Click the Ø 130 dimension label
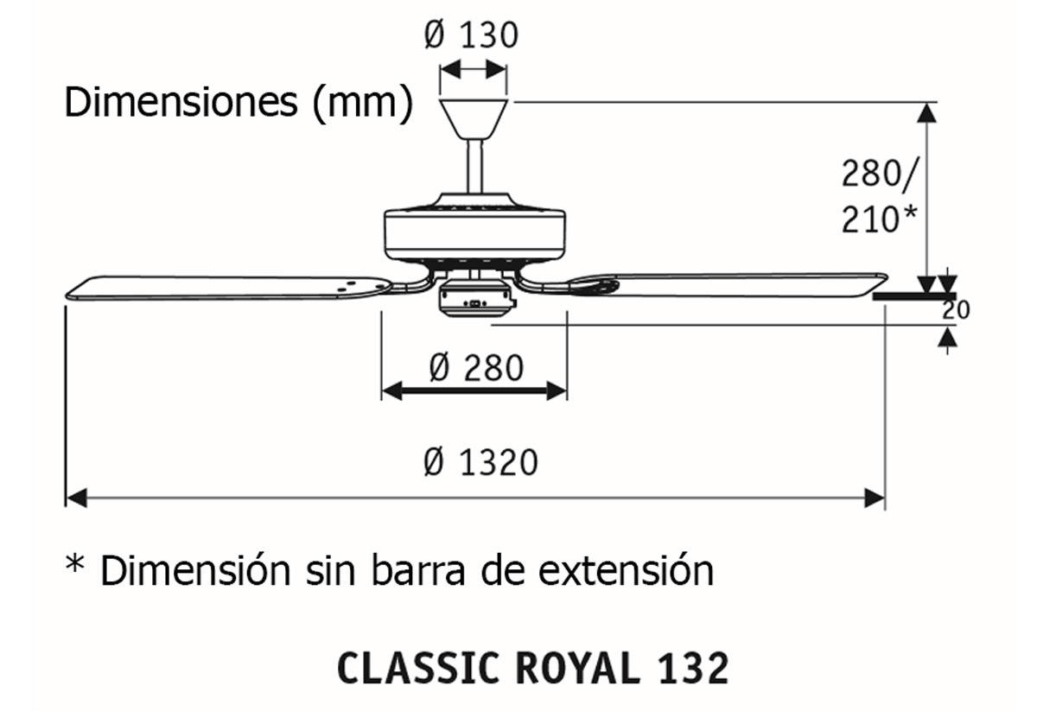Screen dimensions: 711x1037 click(x=471, y=36)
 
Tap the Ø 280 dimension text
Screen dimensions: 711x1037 click(x=476, y=369)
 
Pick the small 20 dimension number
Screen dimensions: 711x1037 click(x=956, y=309)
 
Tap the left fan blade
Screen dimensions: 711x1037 click(x=225, y=287)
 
